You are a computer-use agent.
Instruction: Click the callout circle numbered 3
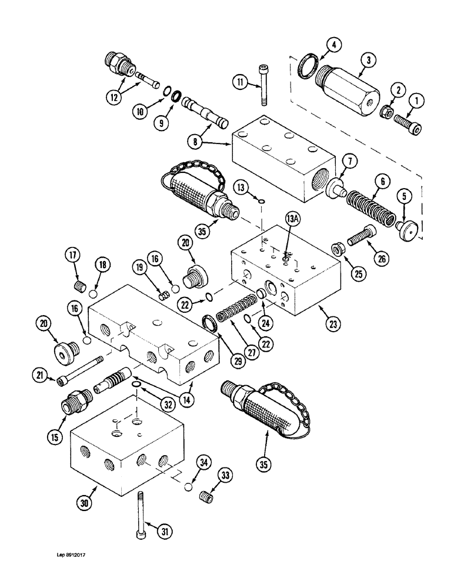[368, 60]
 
